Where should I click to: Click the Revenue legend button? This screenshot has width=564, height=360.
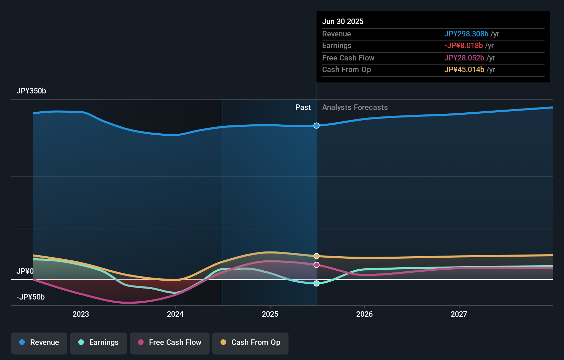(39, 343)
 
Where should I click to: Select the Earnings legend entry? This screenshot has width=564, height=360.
(99, 343)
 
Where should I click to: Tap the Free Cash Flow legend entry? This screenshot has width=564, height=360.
(170, 343)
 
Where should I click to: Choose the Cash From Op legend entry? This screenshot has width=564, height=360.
(250, 343)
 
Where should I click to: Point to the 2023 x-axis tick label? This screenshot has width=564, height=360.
(81, 314)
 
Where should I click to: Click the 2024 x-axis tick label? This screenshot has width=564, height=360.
(175, 314)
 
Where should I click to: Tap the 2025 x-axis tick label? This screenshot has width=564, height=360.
(270, 314)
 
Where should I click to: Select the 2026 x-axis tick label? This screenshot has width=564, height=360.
(364, 314)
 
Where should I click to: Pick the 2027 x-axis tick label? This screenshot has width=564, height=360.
(459, 314)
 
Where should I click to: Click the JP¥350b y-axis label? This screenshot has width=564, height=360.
(31, 91)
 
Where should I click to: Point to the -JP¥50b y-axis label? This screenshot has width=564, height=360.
(31, 297)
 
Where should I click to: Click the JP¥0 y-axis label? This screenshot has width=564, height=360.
(25, 271)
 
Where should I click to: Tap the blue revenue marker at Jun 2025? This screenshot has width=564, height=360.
(316, 126)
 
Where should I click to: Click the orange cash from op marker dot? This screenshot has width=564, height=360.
(316, 256)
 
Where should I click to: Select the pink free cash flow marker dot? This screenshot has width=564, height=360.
(316, 265)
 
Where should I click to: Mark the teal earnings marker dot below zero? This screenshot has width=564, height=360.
(316, 283)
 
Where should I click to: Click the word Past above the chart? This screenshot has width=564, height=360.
(303, 108)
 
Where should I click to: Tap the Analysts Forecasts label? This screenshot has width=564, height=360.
(355, 108)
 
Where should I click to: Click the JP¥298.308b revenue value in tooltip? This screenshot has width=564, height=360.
(466, 34)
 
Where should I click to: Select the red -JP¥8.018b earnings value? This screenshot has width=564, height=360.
(463, 46)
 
